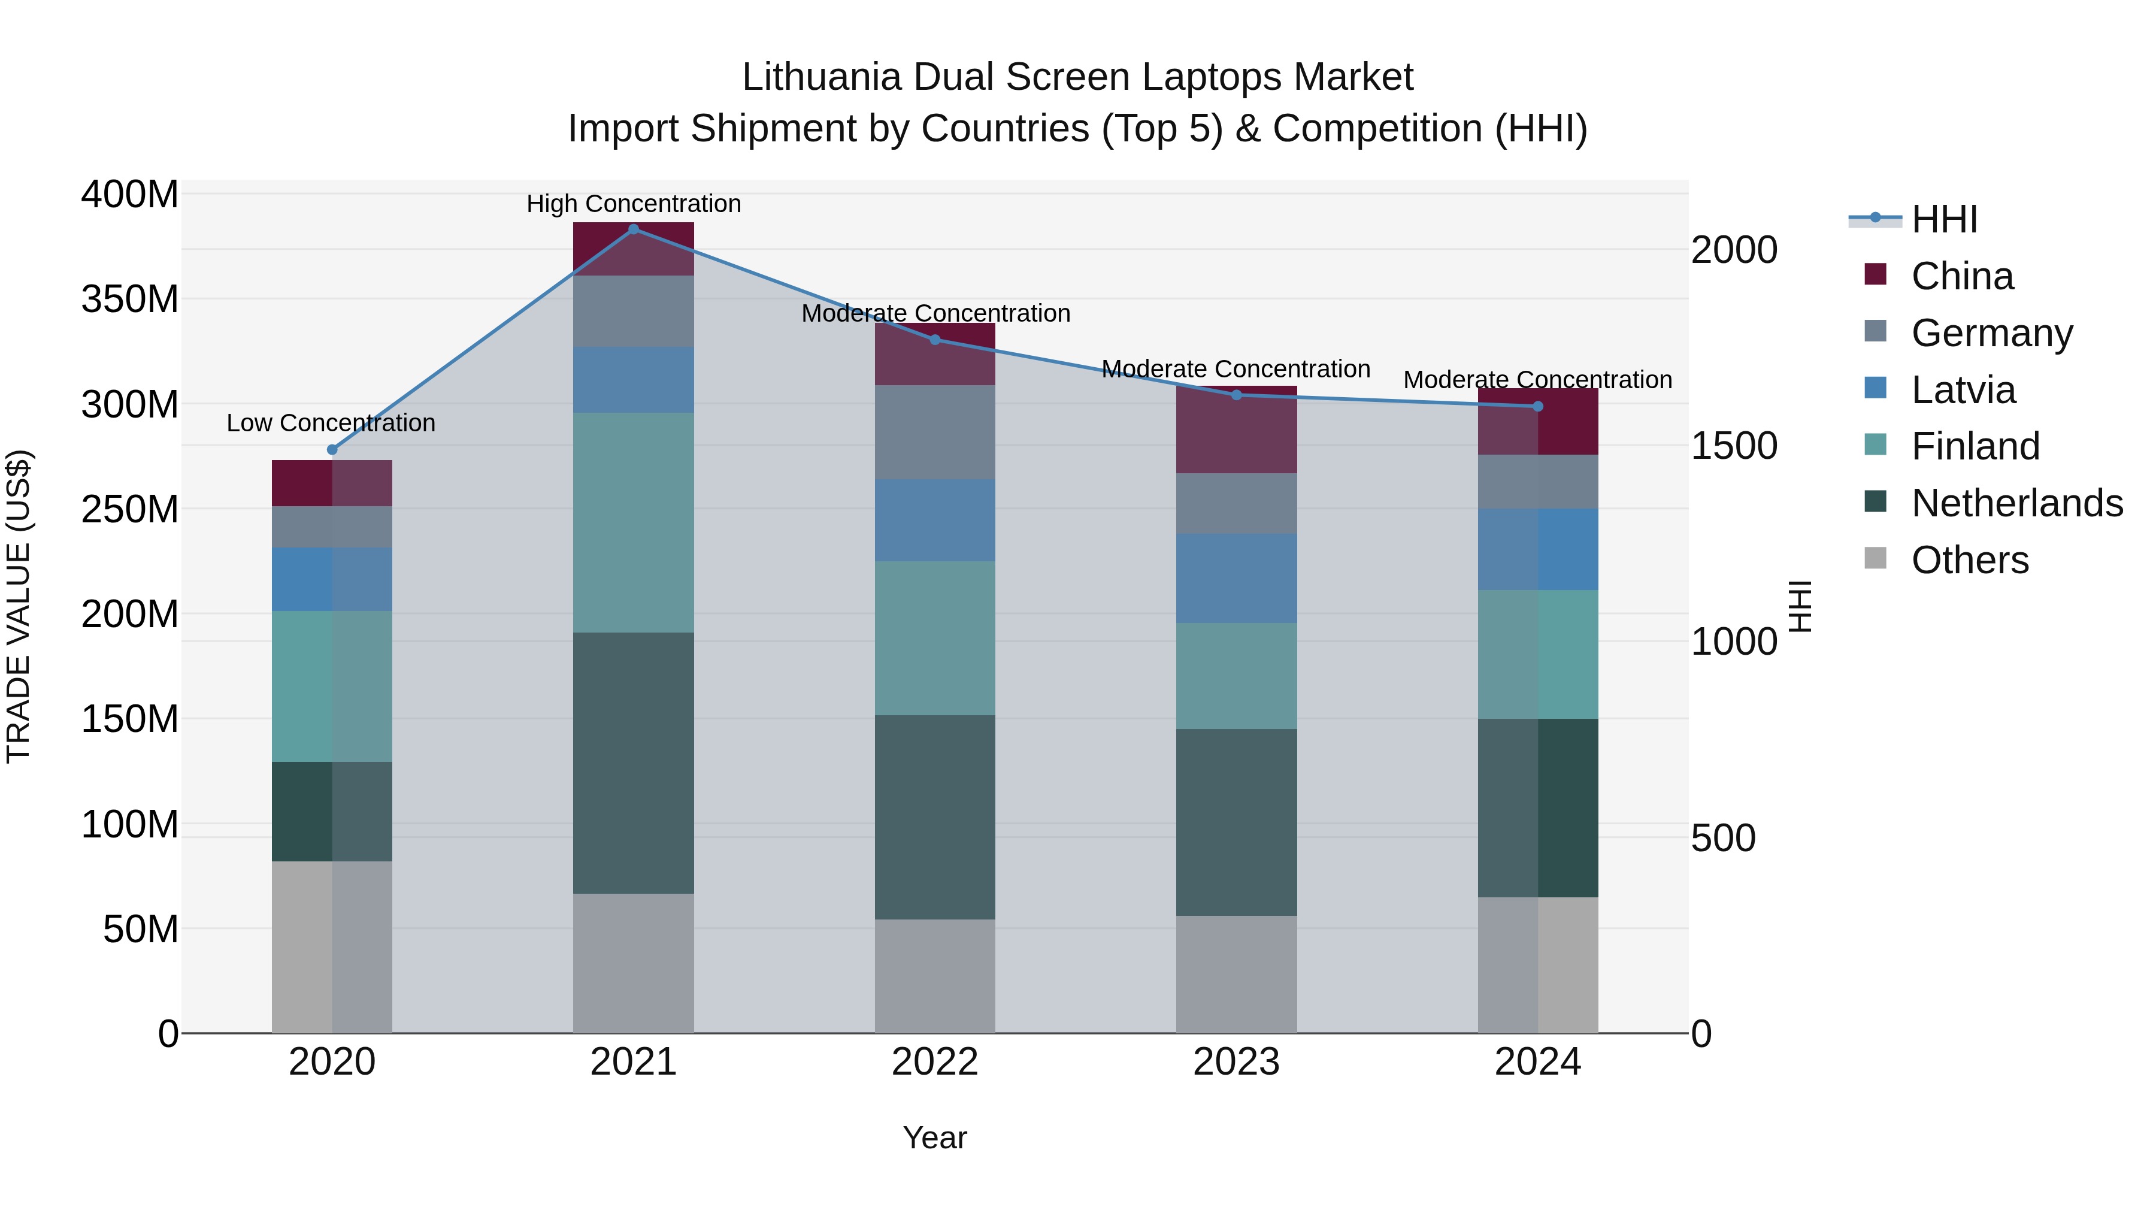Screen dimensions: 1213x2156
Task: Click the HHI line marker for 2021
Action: pos(634,229)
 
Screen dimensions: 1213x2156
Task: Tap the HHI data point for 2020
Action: pos(332,449)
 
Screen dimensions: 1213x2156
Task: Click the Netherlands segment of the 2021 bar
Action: pos(634,763)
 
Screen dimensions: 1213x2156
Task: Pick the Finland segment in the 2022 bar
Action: pos(935,638)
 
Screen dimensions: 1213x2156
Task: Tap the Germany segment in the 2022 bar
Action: pos(935,432)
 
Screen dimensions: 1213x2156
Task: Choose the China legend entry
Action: pos(1962,276)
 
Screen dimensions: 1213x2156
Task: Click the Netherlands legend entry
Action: pos(2016,503)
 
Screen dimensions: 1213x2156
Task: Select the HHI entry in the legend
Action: pos(1944,219)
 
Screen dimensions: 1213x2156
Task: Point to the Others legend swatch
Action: pos(1876,558)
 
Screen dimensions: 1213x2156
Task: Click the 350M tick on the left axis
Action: pos(130,299)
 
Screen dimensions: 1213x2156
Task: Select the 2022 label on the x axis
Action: pos(935,1062)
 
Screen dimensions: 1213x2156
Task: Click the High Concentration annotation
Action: pos(634,204)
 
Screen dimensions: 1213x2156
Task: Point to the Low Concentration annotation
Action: pos(331,423)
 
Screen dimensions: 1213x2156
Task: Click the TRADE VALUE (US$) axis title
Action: pos(19,606)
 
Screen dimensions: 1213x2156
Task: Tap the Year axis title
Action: pos(935,1138)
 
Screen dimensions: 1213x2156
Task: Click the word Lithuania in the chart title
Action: pos(821,77)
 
